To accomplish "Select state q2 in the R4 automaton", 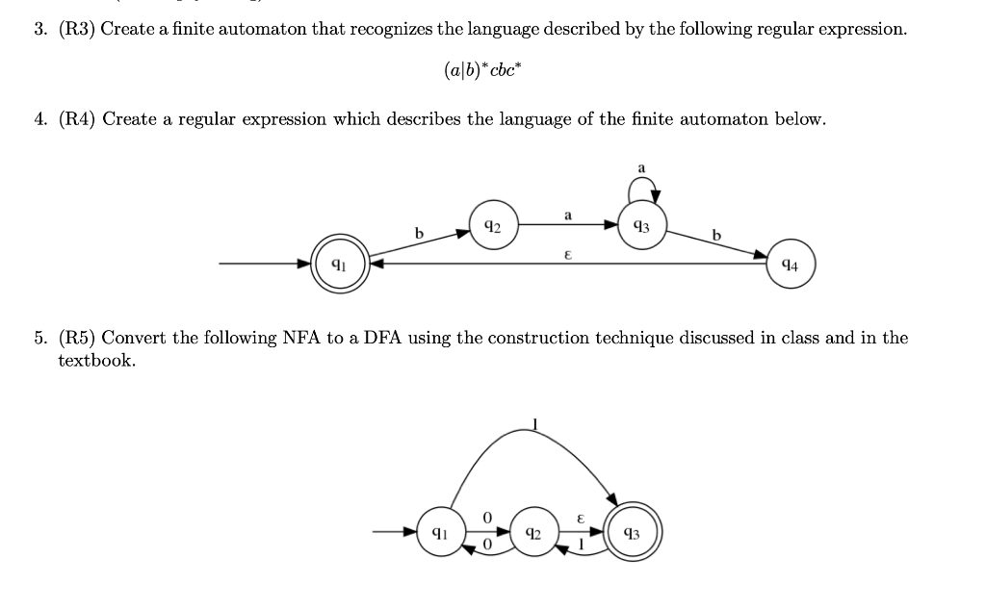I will pyautogui.click(x=493, y=226).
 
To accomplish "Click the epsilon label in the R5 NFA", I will pyautogui.click(x=580, y=518).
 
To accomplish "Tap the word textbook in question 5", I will pyautogui.click(x=96, y=361).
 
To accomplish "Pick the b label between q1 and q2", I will pyautogui.click(x=418, y=232).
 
